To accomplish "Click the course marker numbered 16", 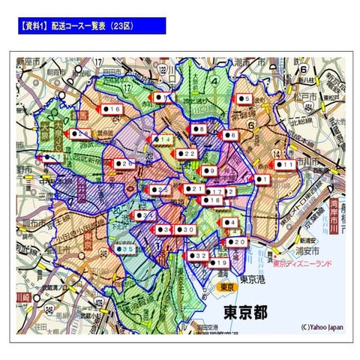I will [112, 109].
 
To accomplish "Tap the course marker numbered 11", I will [284, 164].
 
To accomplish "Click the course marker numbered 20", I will [236, 242].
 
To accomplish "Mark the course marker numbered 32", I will [198, 256].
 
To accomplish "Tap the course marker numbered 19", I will [219, 263].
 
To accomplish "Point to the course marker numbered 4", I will [230, 223].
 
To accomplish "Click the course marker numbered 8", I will [198, 129].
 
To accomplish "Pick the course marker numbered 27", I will [52, 157].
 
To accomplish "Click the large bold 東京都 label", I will [241, 310].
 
